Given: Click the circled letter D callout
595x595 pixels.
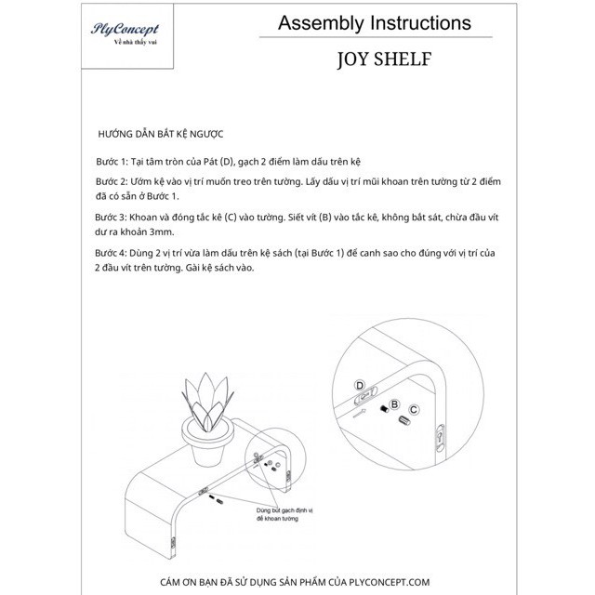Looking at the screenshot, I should (361, 385).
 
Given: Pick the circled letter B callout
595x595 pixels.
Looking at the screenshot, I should (394, 404).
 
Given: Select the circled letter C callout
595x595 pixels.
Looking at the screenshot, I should (415, 409).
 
